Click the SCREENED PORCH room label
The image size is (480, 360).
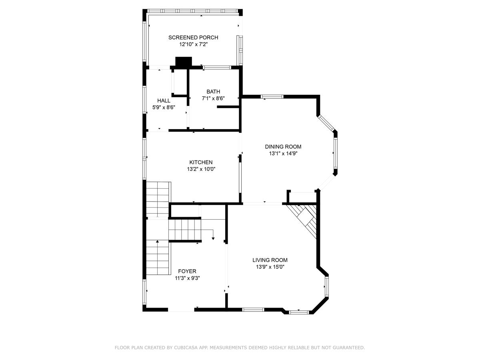pyautogui.click(x=193, y=38)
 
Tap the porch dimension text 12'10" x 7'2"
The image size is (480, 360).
pyautogui.click(x=193, y=45)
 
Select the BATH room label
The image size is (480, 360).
pyautogui.click(x=213, y=92)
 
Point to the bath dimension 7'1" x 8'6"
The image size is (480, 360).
pyautogui.click(x=213, y=98)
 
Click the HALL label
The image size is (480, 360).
pyautogui.click(x=164, y=100)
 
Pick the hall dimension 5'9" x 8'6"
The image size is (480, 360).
pyautogui.click(x=164, y=107)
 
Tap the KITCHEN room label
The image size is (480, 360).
pyautogui.click(x=201, y=162)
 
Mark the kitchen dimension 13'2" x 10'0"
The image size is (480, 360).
pyautogui.click(x=201, y=169)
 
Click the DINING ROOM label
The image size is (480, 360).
pyautogui.click(x=283, y=146)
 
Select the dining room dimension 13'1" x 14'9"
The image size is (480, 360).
pyautogui.click(x=283, y=153)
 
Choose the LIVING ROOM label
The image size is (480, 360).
pyautogui.click(x=270, y=260)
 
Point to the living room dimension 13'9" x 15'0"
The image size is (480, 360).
pyautogui.click(x=270, y=267)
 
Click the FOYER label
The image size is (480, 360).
pyautogui.click(x=187, y=271)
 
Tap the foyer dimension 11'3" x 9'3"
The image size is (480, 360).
pyautogui.click(x=187, y=278)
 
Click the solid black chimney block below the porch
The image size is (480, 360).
pyautogui.click(x=184, y=62)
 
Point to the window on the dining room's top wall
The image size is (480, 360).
pyautogui.click(x=272, y=96)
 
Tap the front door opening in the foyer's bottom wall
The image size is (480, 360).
pyautogui.click(x=181, y=309)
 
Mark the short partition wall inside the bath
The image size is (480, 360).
pyautogui.click(x=228, y=107)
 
